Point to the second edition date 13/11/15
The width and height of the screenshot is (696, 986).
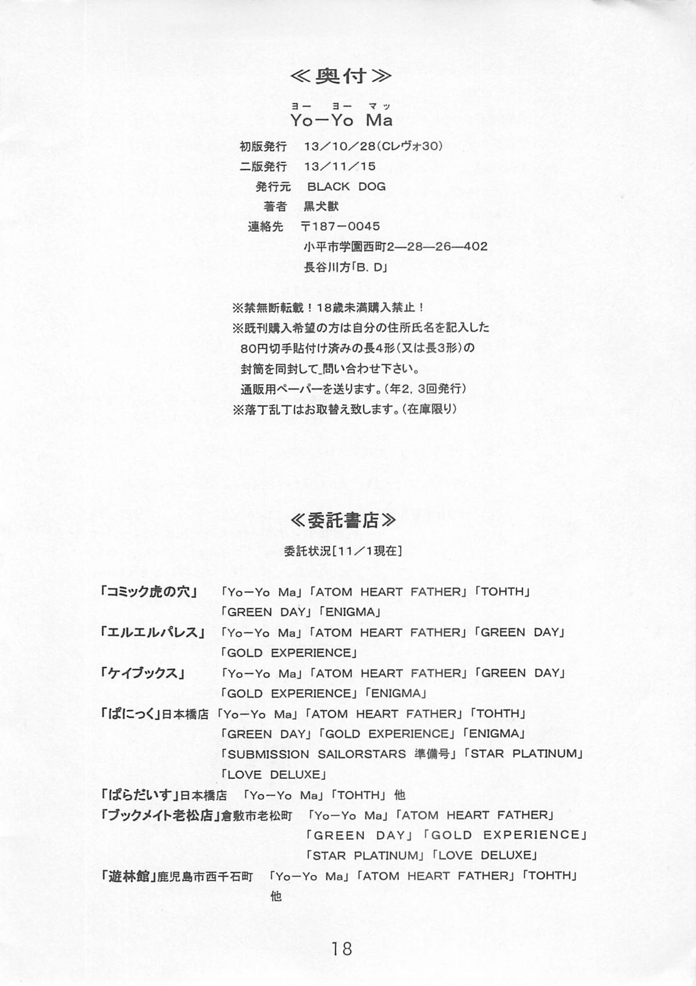tap(339, 166)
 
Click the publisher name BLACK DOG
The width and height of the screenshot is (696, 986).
tap(346, 187)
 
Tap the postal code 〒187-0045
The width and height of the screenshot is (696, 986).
tap(341, 226)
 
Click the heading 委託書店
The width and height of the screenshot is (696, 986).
tap(343, 520)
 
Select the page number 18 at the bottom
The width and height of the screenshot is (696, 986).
tap(342, 948)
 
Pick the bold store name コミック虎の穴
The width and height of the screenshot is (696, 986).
tap(149, 592)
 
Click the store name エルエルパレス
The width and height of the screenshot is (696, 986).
tap(153, 632)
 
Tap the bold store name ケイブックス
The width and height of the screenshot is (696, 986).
tap(143, 673)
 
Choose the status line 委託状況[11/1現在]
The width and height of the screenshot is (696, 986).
tap(343, 550)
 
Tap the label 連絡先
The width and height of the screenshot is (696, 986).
tap(266, 227)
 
